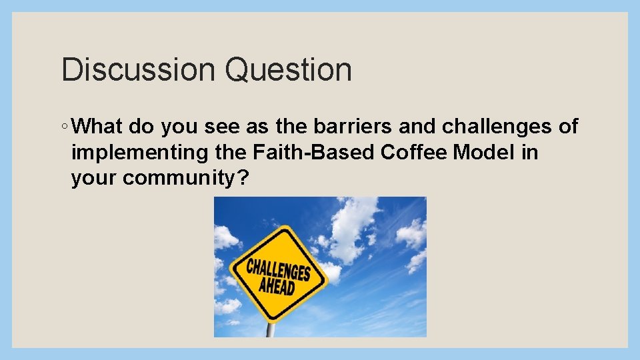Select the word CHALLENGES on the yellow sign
pyautogui.click(x=279, y=269)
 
